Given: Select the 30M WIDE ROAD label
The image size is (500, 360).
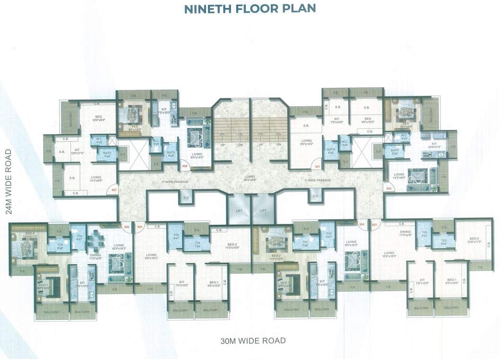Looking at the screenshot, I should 253,340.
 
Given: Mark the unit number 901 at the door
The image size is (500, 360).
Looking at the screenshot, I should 318,166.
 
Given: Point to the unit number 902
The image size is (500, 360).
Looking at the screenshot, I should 388,189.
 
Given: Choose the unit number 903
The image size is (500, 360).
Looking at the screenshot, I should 374,225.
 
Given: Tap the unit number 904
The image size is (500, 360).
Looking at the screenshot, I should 362,225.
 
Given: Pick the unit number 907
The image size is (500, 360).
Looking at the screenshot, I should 113,190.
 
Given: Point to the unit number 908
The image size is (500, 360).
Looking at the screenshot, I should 185,166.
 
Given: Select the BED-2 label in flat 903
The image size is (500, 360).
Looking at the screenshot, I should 474,240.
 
